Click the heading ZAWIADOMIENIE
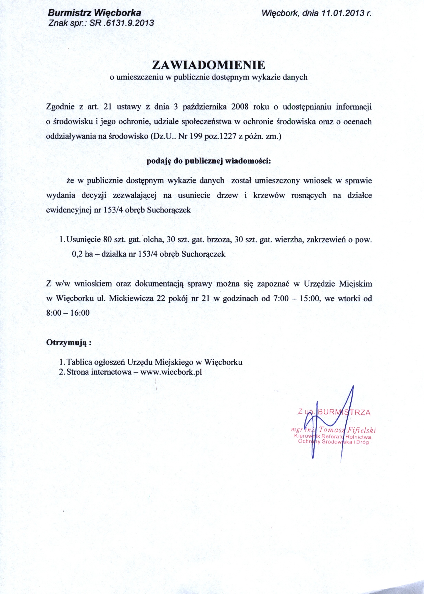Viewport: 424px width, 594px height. (x=209, y=65)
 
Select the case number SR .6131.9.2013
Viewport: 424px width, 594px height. (x=122, y=23)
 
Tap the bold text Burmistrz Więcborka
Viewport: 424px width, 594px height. (x=95, y=13)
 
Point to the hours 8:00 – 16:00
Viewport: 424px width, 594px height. (x=68, y=313)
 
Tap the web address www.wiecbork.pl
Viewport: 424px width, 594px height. (x=171, y=372)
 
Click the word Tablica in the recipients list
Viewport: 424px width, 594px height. (x=79, y=362)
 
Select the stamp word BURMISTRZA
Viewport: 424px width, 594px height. (x=344, y=412)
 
